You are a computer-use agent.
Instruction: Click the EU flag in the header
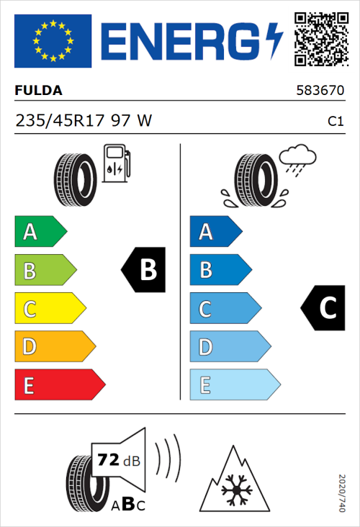tap(53, 41)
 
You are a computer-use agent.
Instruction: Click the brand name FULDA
tap(39, 91)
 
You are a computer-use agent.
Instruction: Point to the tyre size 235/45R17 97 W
tap(84, 121)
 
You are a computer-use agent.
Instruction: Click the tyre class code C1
tap(335, 122)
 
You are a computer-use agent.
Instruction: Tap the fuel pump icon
tap(117, 163)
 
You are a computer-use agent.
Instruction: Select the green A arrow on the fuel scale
tap(40, 232)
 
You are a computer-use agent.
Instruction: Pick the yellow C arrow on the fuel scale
tap(49, 309)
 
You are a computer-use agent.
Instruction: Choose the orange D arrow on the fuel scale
tap(53, 347)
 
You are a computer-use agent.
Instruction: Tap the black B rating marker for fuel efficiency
tap(143, 270)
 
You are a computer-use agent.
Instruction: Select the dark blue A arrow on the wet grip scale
tap(215, 232)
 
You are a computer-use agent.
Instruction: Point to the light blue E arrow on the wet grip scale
tap(233, 385)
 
